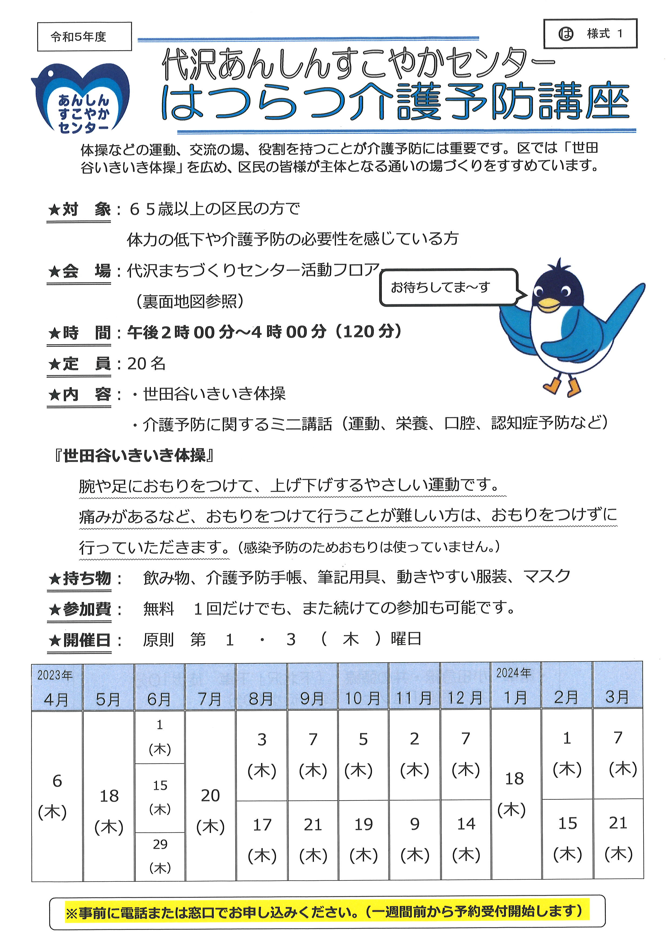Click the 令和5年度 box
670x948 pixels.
pos(84,37)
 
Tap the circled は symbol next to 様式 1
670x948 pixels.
pos(566,34)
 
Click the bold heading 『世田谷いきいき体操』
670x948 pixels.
pos(134,455)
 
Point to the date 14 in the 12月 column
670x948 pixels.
pos(466,824)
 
